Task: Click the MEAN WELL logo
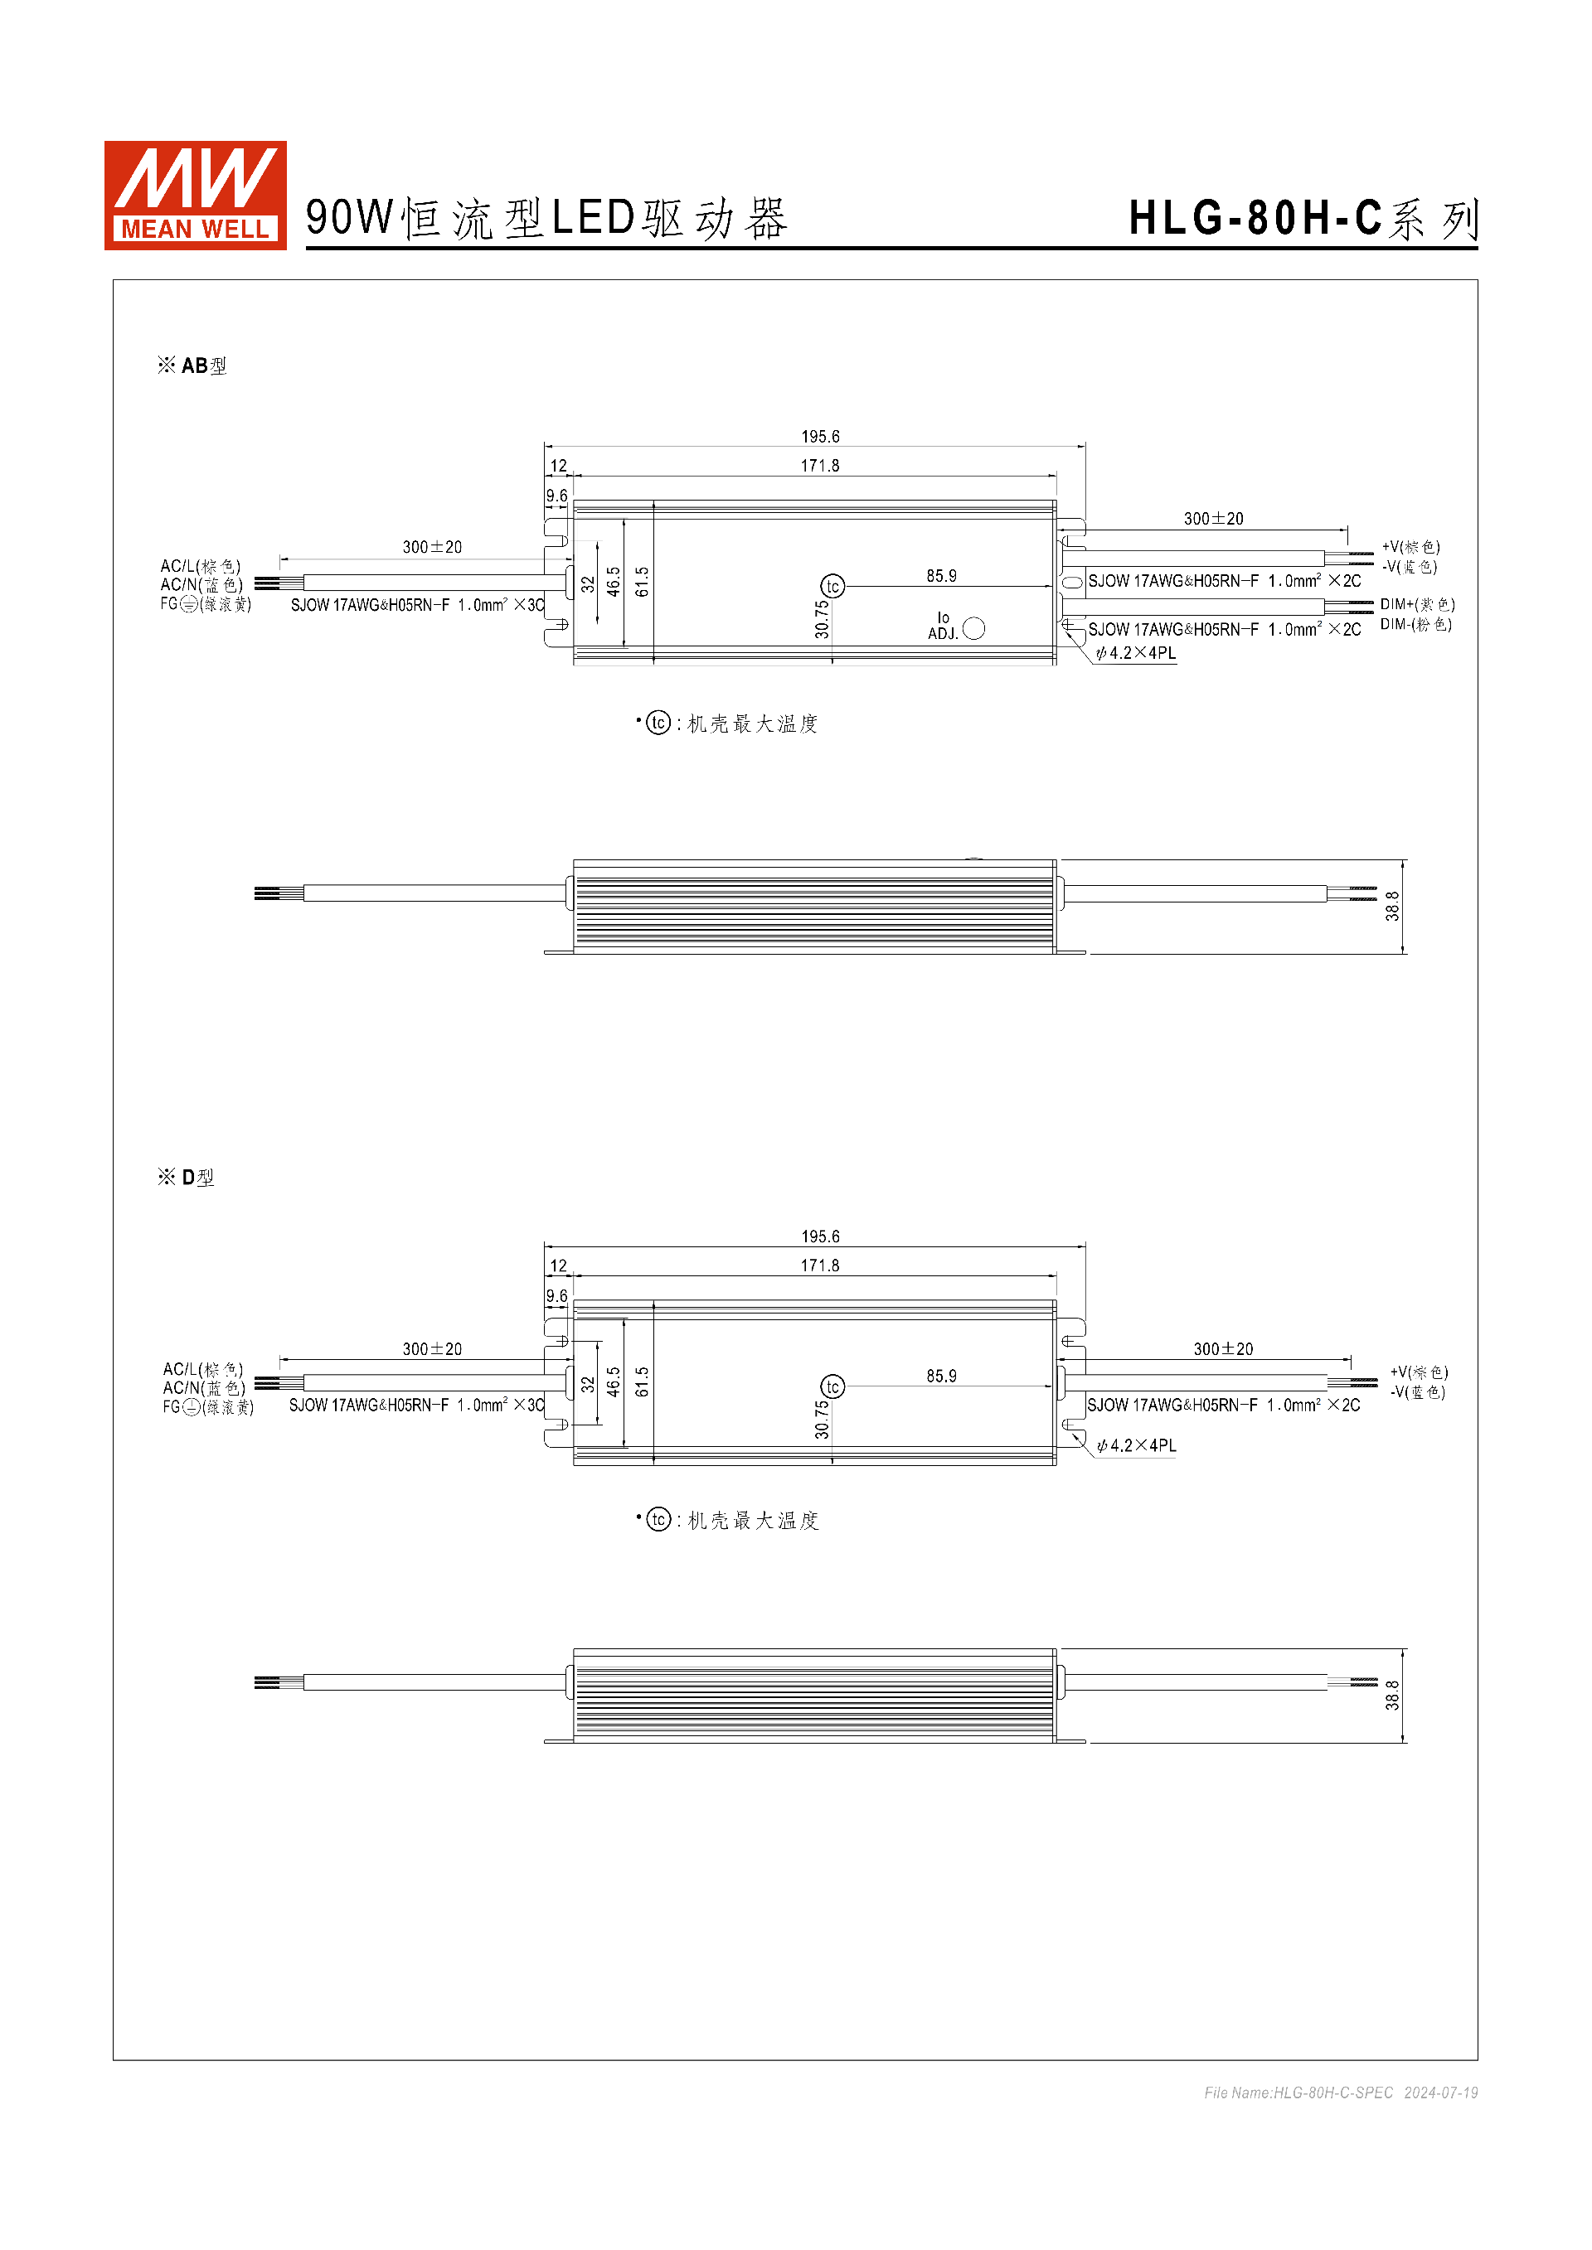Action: (x=195, y=195)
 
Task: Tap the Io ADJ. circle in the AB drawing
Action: (x=973, y=628)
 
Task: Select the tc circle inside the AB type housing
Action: (x=832, y=587)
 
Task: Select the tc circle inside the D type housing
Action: (x=832, y=1386)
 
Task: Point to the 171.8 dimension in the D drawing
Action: (x=819, y=1265)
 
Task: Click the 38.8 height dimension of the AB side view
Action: (x=1392, y=906)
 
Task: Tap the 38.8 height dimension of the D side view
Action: (x=1392, y=1696)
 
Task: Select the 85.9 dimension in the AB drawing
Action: (x=941, y=576)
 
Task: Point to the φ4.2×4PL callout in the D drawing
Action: (x=1136, y=1445)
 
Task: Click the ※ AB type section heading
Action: (x=192, y=365)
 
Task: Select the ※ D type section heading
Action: (x=187, y=1177)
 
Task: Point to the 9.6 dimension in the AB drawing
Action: (x=557, y=496)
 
